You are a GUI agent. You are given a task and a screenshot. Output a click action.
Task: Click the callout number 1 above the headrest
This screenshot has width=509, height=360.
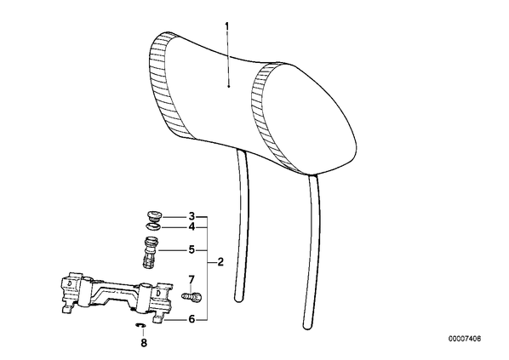[227, 26]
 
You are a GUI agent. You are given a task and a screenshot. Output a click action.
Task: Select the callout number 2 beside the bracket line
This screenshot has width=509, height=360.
[220, 262]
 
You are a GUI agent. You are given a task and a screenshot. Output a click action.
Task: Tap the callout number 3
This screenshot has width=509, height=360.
[192, 216]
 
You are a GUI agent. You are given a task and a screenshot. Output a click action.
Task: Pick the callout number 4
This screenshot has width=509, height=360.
[192, 227]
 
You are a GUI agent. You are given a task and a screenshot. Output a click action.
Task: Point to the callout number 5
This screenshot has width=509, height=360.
[192, 250]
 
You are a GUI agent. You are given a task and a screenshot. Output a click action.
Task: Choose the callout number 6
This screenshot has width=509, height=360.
[192, 319]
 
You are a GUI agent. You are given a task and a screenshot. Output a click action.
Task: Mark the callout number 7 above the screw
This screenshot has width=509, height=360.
[192, 279]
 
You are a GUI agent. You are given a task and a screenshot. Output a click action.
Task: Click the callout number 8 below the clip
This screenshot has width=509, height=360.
[144, 343]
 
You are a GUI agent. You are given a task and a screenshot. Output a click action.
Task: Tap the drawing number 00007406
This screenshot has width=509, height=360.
[465, 339]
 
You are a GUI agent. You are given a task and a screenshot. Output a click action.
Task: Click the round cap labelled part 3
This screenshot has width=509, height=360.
[152, 216]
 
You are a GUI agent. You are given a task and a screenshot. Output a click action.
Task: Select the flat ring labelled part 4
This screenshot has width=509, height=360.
[152, 226]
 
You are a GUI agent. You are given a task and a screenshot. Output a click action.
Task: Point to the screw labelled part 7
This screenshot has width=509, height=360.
[192, 296]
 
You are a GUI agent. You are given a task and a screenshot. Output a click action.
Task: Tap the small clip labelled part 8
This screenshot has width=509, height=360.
[140, 325]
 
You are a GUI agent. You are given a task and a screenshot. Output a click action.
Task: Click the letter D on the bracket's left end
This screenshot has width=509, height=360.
[69, 283]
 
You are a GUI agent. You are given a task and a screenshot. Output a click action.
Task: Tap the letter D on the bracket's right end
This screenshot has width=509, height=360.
[158, 293]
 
